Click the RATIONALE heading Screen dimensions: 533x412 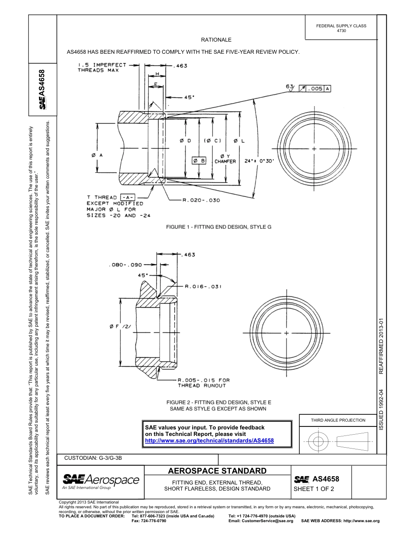216,40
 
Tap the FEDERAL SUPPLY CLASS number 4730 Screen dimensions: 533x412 341,31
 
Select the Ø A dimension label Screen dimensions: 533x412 97,155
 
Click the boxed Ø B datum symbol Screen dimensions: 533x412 199,161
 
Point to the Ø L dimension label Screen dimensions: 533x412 239,141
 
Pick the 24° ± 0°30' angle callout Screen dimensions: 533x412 259,160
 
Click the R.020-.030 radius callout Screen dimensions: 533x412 201,200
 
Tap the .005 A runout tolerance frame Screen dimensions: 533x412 315,88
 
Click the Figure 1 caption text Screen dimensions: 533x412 219,227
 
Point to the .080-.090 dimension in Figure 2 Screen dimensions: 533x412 126,264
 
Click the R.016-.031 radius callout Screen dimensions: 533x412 203,286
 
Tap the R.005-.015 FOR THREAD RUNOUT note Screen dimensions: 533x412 203,383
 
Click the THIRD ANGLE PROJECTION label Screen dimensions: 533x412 338,420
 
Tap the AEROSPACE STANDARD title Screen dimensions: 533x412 217,471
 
